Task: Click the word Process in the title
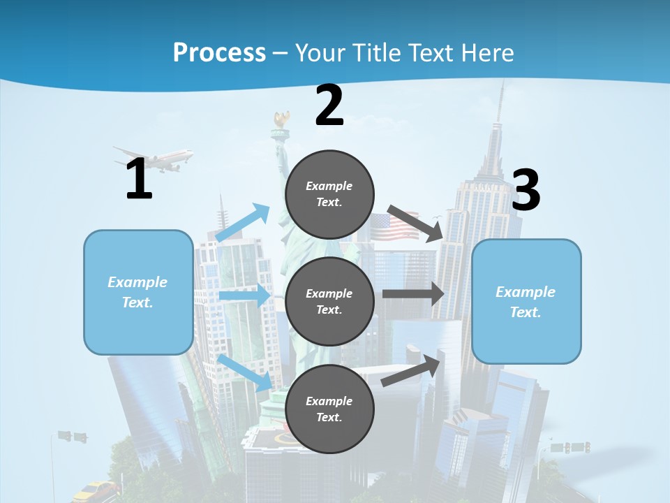[x=219, y=52]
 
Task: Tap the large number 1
[x=139, y=180]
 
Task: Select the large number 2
[x=329, y=105]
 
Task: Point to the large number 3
[x=526, y=191]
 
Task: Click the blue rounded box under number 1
[x=138, y=292]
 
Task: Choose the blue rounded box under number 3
[x=526, y=301]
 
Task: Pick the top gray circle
[x=329, y=194]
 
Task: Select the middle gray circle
[x=329, y=301]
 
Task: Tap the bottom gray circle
[x=329, y=409]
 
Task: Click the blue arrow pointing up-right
[x=243, y=223]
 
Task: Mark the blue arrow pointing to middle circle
[x=245, y=296]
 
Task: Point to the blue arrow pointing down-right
[x=245, y=372]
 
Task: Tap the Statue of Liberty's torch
[x=282, y=120]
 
